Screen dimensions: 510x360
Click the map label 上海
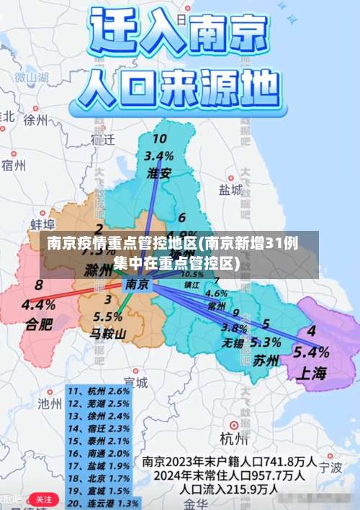[310, 373]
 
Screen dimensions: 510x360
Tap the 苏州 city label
[265, 361]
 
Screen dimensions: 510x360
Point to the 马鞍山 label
[108, 333]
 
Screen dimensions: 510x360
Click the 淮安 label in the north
[159, 173]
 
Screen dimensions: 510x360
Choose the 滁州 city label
[99, 271]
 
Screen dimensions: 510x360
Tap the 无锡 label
[233, 342]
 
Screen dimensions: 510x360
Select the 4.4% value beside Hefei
[38, 304]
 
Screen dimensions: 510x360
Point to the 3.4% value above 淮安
[158, 155]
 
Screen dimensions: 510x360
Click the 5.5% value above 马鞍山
[108, 316]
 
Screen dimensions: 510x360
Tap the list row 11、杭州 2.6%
[99, 391]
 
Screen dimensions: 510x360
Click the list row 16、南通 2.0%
[99, 453]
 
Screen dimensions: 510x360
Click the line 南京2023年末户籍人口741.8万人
[230, 460]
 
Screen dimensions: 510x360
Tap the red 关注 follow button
[44, 498]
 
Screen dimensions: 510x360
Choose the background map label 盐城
[230, 189]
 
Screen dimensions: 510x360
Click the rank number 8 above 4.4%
[38, 286]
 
